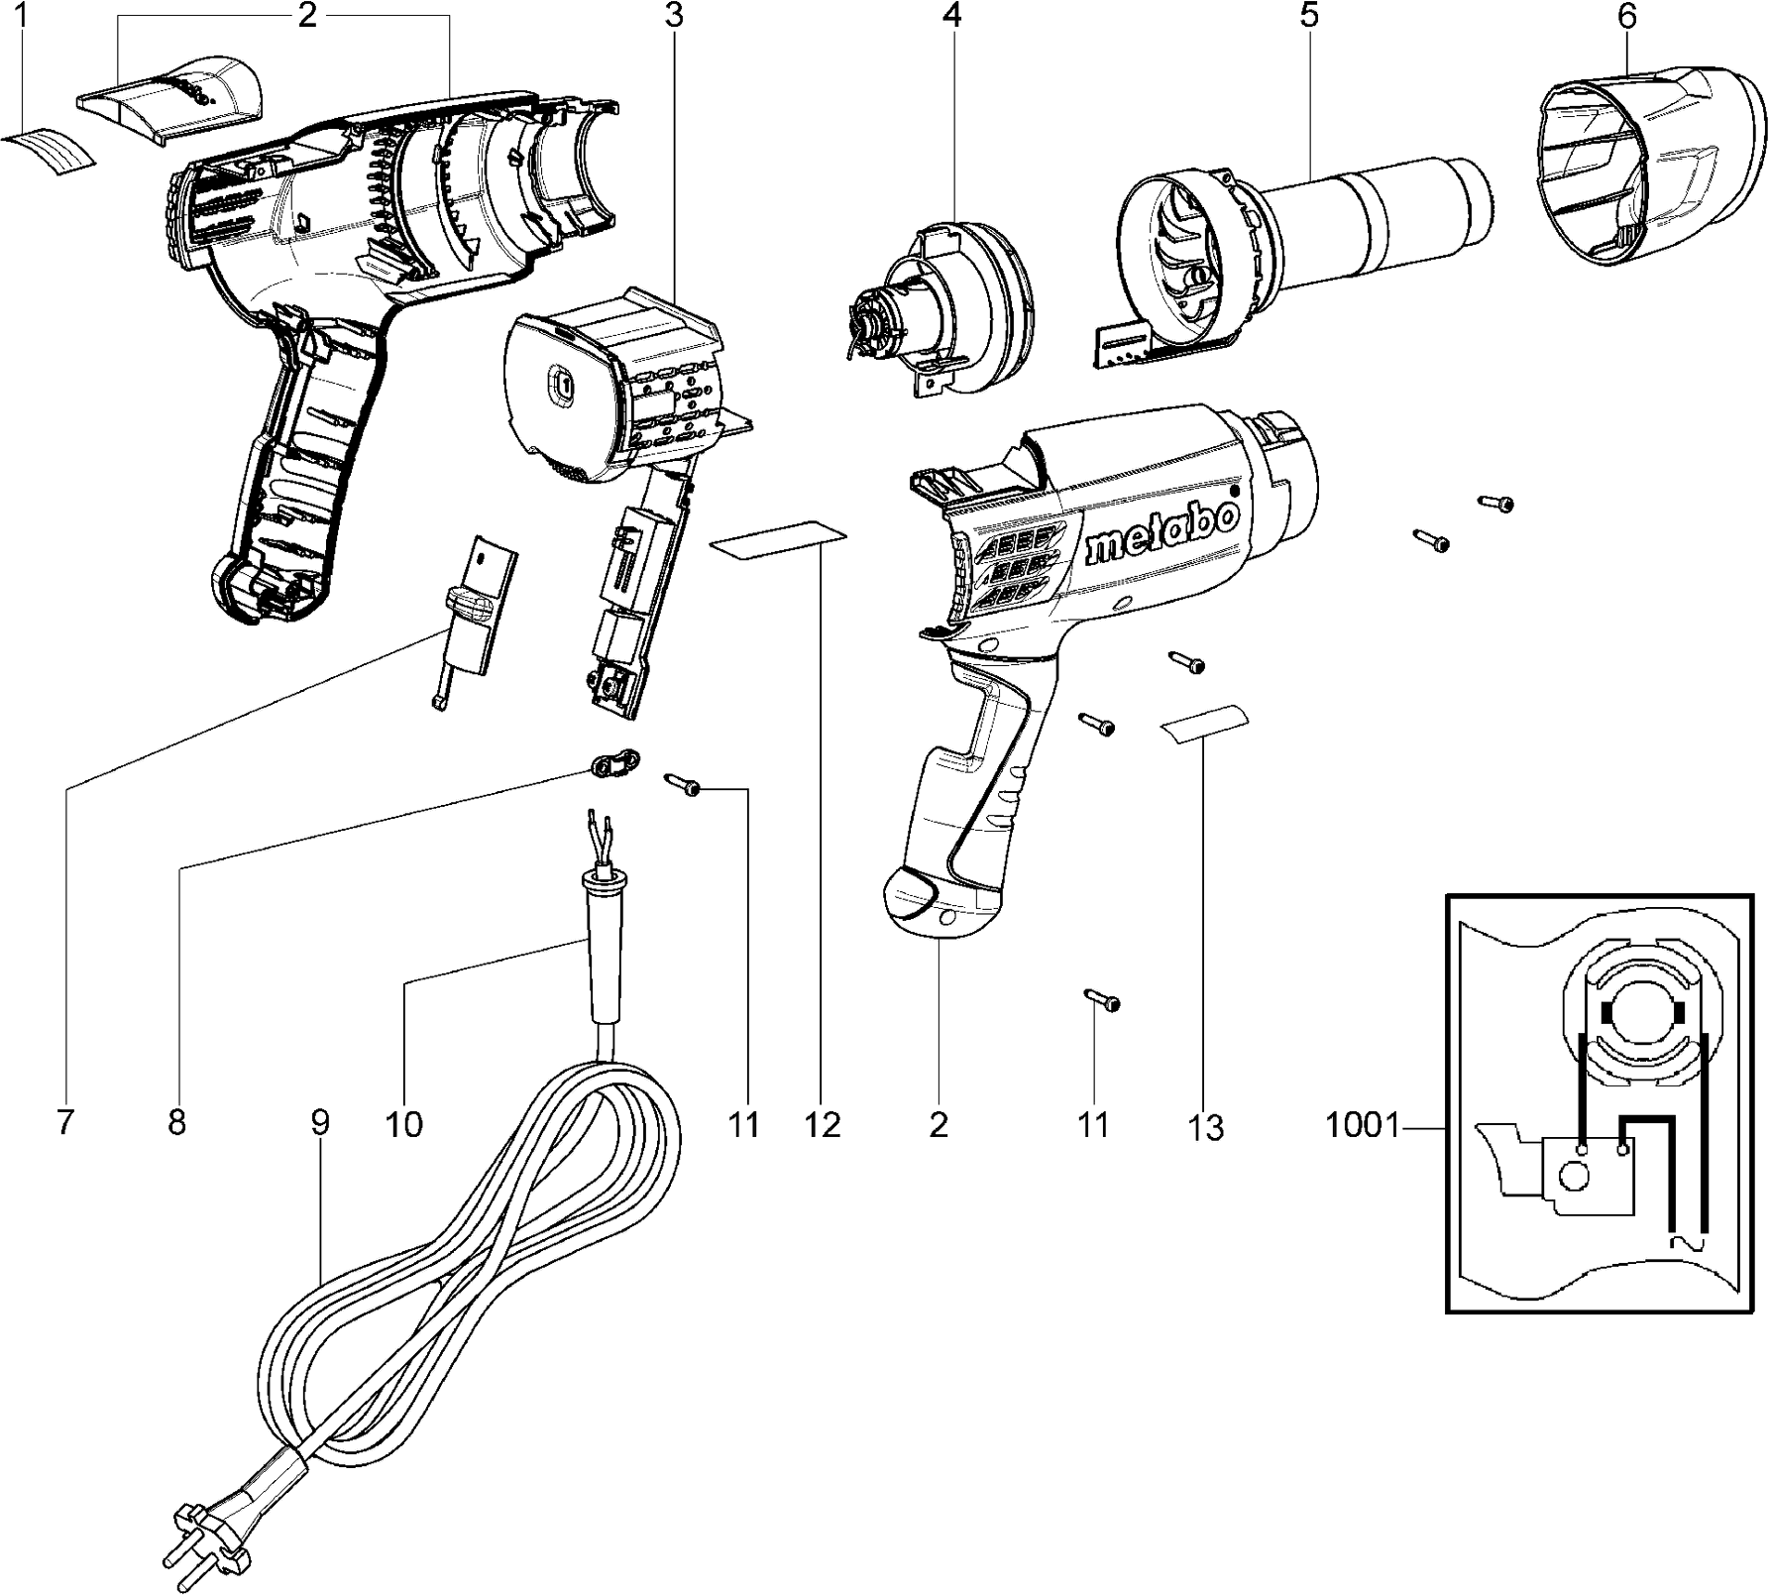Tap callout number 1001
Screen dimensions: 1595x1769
click(x=1361, y=1126)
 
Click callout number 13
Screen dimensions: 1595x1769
click(x=1205, y=1127)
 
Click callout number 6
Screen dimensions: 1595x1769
click(x=1626, y=16)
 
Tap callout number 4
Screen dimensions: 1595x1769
click(x=952, y=16)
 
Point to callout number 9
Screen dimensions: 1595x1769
click(x=319, y=1123)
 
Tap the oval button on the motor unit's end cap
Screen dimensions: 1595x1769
click(x=561, y=384)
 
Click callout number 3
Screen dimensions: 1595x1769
click(x=674, y=16)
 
